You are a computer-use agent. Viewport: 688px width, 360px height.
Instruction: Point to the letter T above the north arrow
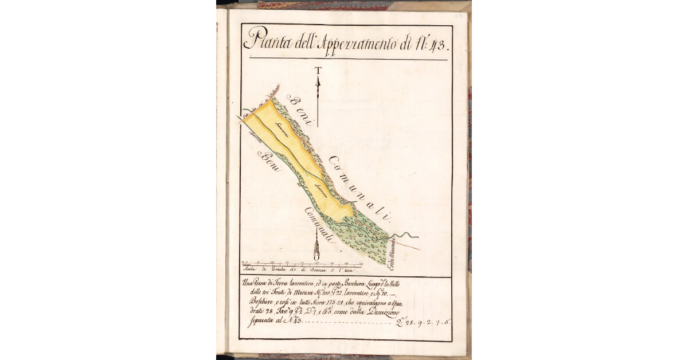click(318, 71)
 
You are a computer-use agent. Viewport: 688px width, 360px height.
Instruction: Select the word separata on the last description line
click(259, 322)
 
